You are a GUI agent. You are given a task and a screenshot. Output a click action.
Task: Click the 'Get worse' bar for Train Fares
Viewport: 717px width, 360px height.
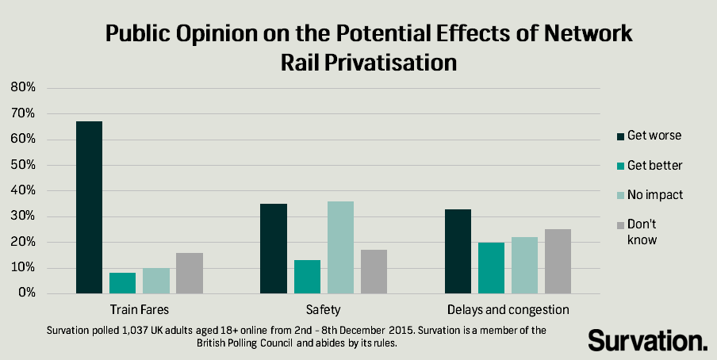tap(89, 207)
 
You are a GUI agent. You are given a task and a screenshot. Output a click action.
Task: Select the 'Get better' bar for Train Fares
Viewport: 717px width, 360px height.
tap(122, 283)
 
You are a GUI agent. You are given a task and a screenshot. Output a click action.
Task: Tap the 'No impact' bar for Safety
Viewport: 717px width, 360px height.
tap(340, 247)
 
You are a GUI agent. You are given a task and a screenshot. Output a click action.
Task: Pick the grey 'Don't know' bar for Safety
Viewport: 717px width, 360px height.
tap(374, 271)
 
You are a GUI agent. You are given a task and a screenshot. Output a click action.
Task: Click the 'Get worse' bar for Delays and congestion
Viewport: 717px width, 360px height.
tap(458, 251)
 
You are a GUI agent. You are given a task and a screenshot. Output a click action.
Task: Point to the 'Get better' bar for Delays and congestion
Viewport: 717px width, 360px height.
tap(491, 268)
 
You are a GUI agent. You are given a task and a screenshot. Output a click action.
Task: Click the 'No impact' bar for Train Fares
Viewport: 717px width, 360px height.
tap(155, 281)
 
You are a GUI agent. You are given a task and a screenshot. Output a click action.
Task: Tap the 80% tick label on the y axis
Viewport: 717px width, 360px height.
tap(23, 88)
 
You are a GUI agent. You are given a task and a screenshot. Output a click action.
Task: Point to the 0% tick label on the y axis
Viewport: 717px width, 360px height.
tap(26, 293)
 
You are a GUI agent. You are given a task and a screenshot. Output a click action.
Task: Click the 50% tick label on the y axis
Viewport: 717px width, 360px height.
tap(23, 165)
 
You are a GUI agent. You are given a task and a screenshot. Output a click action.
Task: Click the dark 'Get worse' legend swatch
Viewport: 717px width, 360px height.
tap(618, 136)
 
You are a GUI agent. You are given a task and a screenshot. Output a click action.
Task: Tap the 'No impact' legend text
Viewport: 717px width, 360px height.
tap(654, 194)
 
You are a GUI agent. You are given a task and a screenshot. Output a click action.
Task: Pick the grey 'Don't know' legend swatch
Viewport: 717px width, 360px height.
tap(618, 224)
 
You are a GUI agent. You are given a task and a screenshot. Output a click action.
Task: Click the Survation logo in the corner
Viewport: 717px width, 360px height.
tap(647, 340)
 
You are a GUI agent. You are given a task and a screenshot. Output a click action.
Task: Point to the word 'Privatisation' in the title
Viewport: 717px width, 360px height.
tap(369, 62)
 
